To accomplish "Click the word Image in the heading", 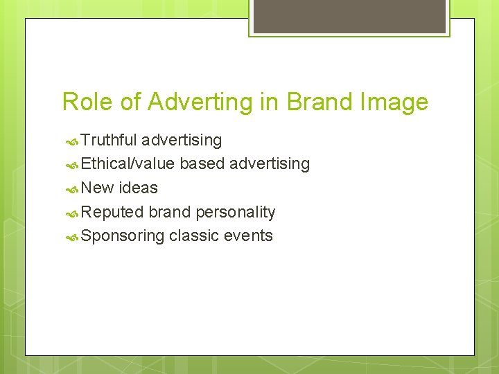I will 393,102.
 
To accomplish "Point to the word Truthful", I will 109,140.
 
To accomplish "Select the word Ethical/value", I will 128,163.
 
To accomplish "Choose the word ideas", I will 139,188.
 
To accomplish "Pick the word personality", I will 236,212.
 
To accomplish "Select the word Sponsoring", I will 123,235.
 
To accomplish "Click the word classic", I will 193,235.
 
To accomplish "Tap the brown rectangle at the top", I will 349,16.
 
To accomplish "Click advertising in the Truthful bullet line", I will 182,140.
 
